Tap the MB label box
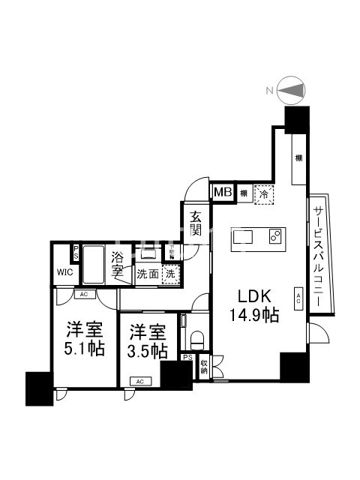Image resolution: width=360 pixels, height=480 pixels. (223, 193)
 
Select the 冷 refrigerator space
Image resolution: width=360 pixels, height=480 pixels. (263, 193)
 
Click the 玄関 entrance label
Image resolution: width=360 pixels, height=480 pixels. (196, 223)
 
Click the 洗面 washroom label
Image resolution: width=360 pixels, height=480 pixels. (148, 274)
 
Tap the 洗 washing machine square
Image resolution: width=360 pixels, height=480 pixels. (170, 274)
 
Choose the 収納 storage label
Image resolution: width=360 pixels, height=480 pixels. (204, 368)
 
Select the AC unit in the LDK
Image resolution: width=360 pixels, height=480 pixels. (298, 298)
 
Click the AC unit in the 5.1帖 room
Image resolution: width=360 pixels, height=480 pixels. (84, 295)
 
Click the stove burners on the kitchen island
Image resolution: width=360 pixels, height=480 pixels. (274, 237)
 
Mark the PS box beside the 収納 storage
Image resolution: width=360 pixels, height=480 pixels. (187, 358)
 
